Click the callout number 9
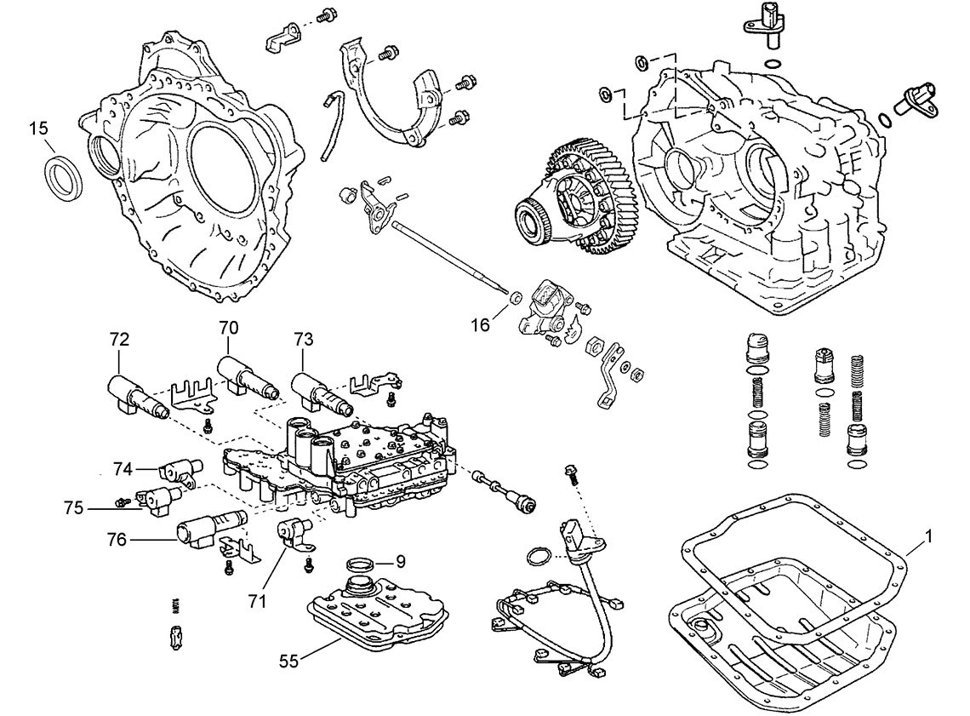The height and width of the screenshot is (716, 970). pos(401,561)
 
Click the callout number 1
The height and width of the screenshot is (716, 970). pos(929,537)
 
